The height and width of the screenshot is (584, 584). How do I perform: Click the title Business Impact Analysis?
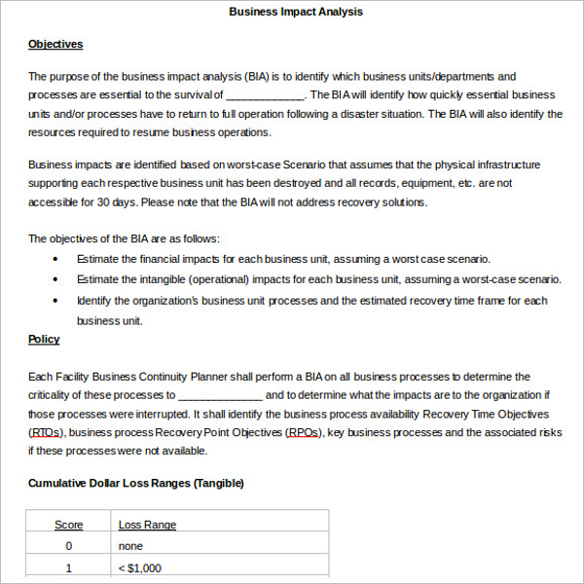tap(296, 12)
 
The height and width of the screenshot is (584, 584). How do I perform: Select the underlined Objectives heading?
tap(55, 44)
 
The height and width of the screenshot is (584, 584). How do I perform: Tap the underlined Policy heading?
tap(44, 339)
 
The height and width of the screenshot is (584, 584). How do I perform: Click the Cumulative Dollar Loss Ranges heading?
tap(135, 483)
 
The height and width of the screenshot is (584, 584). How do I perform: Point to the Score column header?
tap(68, 525)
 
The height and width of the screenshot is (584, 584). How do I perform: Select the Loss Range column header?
tap(147, 525)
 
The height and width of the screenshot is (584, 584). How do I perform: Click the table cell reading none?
tap(130, 546)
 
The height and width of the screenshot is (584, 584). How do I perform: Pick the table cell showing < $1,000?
tap(140, 567)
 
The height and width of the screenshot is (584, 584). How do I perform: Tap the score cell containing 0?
tap(68, 546)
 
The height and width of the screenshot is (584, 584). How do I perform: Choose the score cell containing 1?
tap(68, 567)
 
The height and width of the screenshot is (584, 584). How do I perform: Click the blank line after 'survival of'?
tap(265, 96)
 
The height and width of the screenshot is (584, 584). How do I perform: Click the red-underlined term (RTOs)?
tap(46, 432)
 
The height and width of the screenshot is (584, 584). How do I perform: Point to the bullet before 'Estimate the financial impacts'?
tap(55, 259)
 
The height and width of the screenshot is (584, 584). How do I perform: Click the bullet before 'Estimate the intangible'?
tap(55, 279)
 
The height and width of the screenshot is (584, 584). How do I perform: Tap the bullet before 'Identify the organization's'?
tap(55, 301)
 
